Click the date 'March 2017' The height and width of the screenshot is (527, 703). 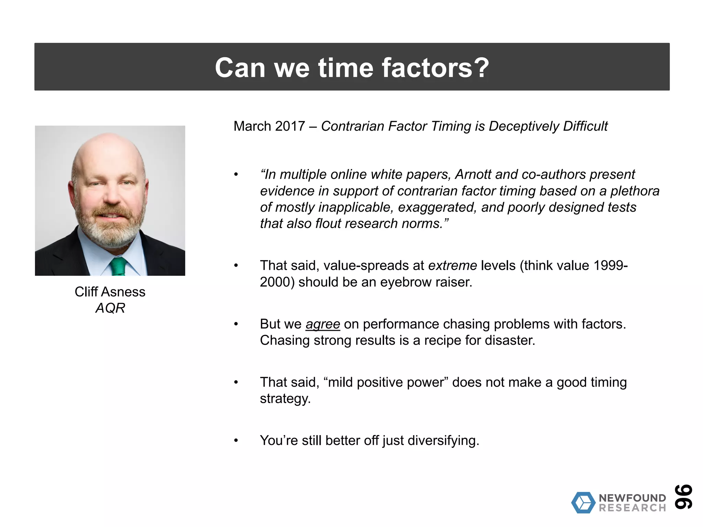(269, 126)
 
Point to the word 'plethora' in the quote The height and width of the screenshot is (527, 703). (635, 191)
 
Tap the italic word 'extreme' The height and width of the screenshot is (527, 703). (452, 266)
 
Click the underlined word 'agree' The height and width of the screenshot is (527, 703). (323, 324)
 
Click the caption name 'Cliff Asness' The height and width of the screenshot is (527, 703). (110, 292)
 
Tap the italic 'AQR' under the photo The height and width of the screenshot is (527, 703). (110, 308)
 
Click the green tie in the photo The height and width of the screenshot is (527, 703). (119, 267)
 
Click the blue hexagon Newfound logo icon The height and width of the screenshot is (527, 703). (583, 503)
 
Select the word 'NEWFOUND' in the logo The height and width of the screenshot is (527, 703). (632, 498)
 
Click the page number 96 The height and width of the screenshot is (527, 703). (683, 496)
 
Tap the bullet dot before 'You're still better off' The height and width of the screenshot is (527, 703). (236, 441)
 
